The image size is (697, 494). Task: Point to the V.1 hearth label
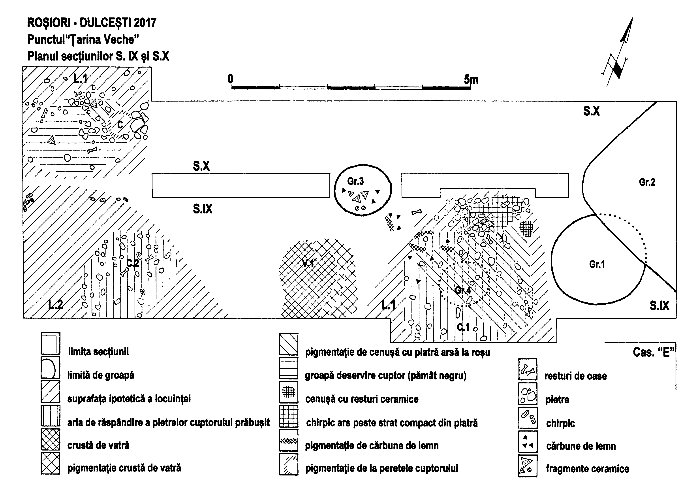pos(308,263)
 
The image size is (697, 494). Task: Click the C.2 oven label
pos(133,263)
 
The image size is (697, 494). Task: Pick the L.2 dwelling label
pos(55,304)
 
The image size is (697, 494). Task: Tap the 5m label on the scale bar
pos(471,80)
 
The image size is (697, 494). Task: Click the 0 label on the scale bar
pos(230,79)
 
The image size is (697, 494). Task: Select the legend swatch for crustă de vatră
pos(51,439)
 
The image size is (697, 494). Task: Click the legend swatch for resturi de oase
pos(528,370)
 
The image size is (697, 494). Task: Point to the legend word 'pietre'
pos(557,399)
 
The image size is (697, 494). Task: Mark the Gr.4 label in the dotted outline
pos(463,290)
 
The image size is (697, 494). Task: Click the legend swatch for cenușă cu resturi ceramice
pos(288,392)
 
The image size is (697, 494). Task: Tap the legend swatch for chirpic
pos(528,418)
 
